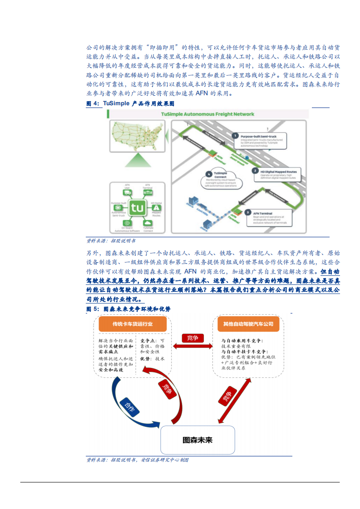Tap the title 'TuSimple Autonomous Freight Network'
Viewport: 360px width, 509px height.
[x=207, y=114]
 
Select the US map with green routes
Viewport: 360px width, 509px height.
[x=136, y=136]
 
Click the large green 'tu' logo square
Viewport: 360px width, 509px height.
[x=137, y=208]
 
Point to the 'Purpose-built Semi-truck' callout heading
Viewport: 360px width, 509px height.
[x=259, y=136]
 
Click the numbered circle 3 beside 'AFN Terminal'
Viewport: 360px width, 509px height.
[x=247, y=212]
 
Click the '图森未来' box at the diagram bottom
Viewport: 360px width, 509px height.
[x=197, y=440]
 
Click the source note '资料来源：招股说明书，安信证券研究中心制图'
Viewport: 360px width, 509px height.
[x=137, y=460]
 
